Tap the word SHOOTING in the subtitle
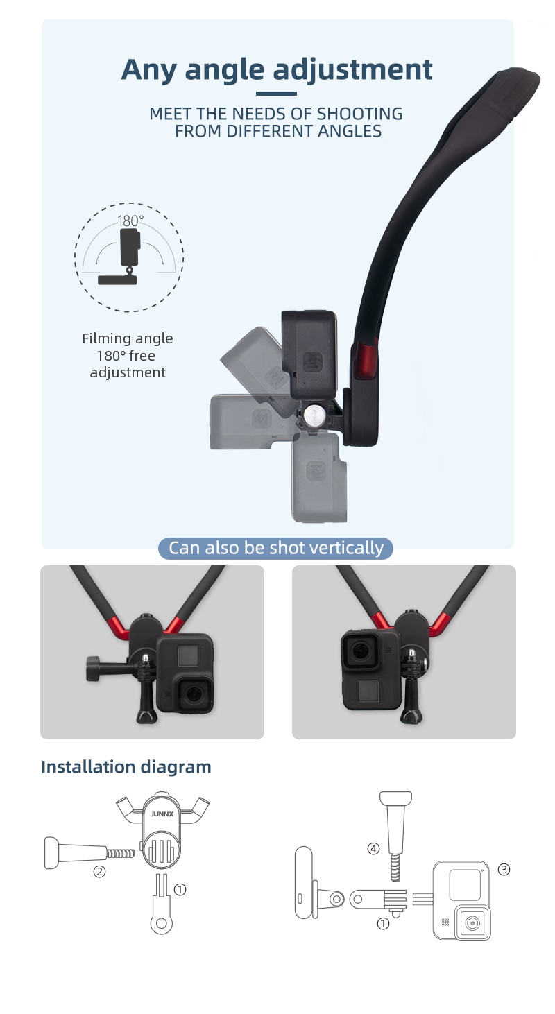coord(359,114)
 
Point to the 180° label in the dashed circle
coord(130,221)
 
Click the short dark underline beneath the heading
coord(276,94)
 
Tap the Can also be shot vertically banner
coord(275,548)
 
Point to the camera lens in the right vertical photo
coord(360,651)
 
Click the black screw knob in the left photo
coord(94,669)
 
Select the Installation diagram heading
coord(126,767)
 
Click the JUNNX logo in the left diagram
coord(162,814)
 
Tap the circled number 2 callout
coord(100,871)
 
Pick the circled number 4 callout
coord(373,848)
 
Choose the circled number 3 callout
coord(504,869)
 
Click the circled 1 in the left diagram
coord(180,890)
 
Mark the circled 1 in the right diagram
coord(383,923)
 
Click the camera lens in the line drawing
coord(472,922)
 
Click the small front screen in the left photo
coord(187,655)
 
